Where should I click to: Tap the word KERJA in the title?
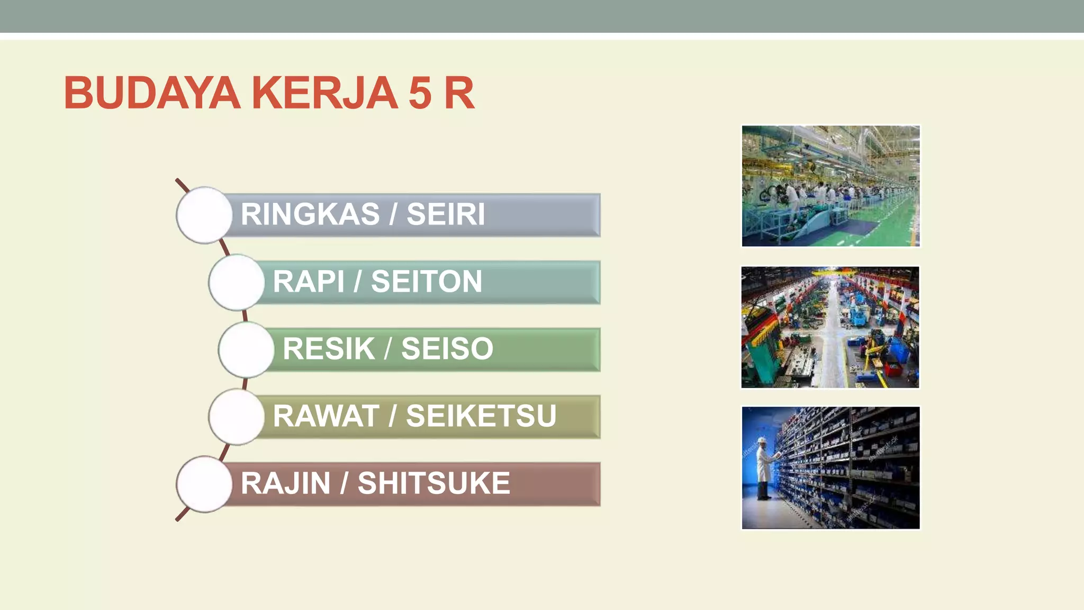tap(324, 93)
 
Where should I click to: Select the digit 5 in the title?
tap(420, 93)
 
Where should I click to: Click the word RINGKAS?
tap(310, 214)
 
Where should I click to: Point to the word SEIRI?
tap(446, 214)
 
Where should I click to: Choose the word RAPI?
tap(308, 281)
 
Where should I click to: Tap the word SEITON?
tap(427, 281)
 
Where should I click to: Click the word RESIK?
tap(329, 348)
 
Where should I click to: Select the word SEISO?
tap(447, 348)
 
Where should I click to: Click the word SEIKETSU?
tap(481, 416)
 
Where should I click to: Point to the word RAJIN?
tap(286, 483)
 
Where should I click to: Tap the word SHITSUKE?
tap(434, 483)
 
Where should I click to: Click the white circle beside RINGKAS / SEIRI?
tap(204, 215)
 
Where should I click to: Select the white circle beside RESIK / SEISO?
tap(246, 349)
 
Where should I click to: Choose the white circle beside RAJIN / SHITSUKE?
tap(204, 484)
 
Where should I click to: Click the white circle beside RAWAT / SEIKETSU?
tap(237, 417)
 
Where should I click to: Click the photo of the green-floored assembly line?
tap(830, 186)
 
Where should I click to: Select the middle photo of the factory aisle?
tap(830, 327)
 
